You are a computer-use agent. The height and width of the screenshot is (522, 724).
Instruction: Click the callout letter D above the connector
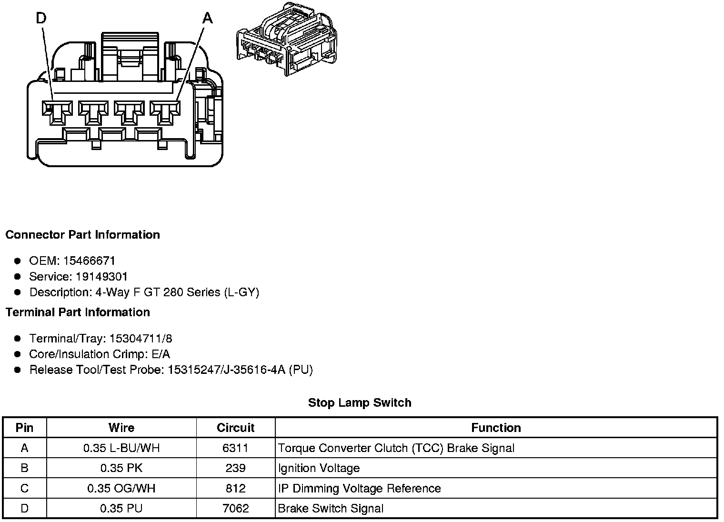tap(41, 18)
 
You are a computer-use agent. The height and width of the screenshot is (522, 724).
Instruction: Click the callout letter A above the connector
tap(207, 18)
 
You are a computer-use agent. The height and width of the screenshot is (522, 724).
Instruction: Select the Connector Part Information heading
tap(82, 235)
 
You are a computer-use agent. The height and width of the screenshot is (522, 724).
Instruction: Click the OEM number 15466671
tap(89, 261)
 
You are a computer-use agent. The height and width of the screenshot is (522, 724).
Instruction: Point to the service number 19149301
tap(102, 277)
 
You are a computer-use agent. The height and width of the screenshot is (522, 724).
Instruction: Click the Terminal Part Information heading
tap(78, 312)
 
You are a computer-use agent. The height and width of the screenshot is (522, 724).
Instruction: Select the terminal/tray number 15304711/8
tap(141, 339)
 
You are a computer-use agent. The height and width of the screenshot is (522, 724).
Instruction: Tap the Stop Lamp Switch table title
tap(360, 403)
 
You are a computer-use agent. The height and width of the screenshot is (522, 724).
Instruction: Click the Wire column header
tap(121, 428)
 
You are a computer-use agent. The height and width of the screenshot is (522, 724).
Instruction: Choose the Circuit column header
tap(235, 428)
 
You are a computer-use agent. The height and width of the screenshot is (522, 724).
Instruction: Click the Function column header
tap(496, 428)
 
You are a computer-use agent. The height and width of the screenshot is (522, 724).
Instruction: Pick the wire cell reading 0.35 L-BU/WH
tap(121, 448)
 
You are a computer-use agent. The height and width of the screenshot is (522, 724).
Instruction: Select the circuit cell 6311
tap(235, 448)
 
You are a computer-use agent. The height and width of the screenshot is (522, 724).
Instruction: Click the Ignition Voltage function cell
tap(319, 468)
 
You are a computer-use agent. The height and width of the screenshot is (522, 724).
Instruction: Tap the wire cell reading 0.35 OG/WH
tap(121, 489)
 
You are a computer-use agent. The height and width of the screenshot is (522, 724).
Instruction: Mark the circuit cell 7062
tap(235, 509)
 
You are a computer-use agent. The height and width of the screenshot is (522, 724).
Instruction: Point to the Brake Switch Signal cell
tap(331, 509)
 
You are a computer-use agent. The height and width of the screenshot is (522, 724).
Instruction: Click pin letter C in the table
tap(25, 489)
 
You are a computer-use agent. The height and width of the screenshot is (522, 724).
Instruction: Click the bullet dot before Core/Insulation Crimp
tap(18, 354)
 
